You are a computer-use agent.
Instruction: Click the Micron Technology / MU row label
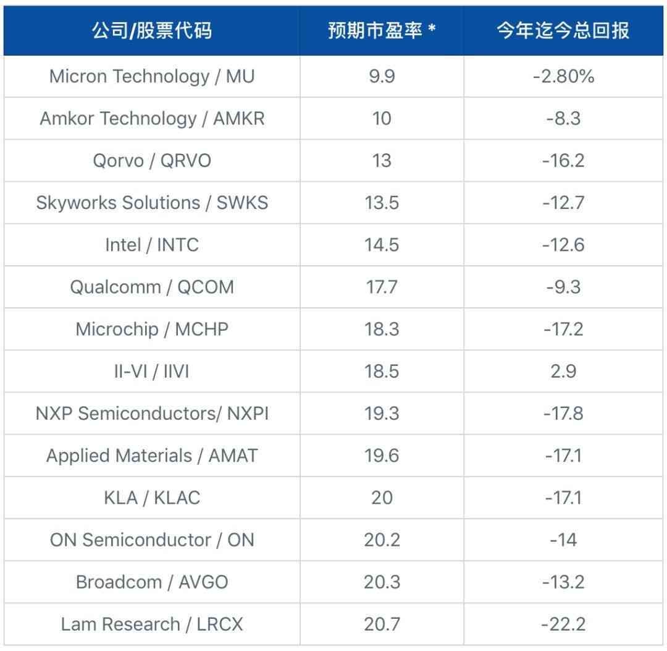pos(152,77)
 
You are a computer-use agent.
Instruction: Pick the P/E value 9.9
pos(382,77)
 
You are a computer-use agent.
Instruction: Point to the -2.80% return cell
pos(563,77)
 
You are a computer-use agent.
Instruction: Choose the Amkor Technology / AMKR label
pos(152,119)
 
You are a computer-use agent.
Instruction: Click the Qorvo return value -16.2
pos(563,161)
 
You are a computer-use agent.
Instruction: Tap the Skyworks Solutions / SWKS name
pos(152,203)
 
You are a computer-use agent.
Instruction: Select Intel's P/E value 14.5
pos(382,245)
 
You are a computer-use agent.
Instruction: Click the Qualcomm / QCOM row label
pos(152,287)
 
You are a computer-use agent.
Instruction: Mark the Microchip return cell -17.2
pos(563,329)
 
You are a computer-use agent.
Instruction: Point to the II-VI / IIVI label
pos(152,372)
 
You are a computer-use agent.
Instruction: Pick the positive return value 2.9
pos(563,372)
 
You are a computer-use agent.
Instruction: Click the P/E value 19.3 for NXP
pos(382,414)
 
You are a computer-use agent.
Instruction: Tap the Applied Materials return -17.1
pos(563,456)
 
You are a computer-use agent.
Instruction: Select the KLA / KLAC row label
pos(152,498)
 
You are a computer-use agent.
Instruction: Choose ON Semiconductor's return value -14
pos(563,540)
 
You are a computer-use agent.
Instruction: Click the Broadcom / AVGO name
pos(152,582)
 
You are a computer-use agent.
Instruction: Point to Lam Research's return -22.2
pos(563,624)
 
